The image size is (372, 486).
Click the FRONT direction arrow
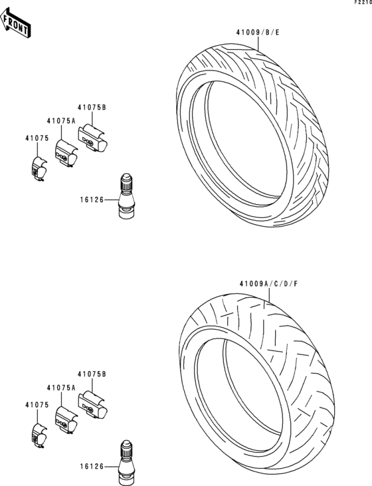(15, 23)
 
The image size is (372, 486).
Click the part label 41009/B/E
(258, 32)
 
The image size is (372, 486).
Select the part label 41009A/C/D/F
(268, 284)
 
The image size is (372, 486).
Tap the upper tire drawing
(253, 136)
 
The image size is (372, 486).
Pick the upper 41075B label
(92, 108)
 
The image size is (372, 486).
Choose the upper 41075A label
(61, 121)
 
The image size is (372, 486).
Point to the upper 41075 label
(37, 138)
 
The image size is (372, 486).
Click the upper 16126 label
(92, 200)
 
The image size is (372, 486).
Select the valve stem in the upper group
(126, 195)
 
